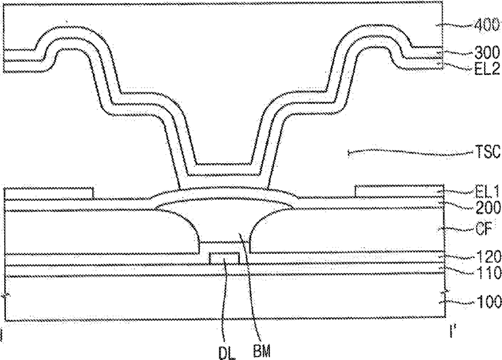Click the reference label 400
coord(487,25)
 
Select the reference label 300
coord(487,53)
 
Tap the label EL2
coord(487,69)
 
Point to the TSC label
coord(488,152)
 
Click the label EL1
coord(487,192)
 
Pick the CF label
coord(484,229)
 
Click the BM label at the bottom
coord(261,351)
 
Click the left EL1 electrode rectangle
coord(49,193)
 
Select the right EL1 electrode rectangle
coord(399,191)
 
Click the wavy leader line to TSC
coord(410,152)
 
